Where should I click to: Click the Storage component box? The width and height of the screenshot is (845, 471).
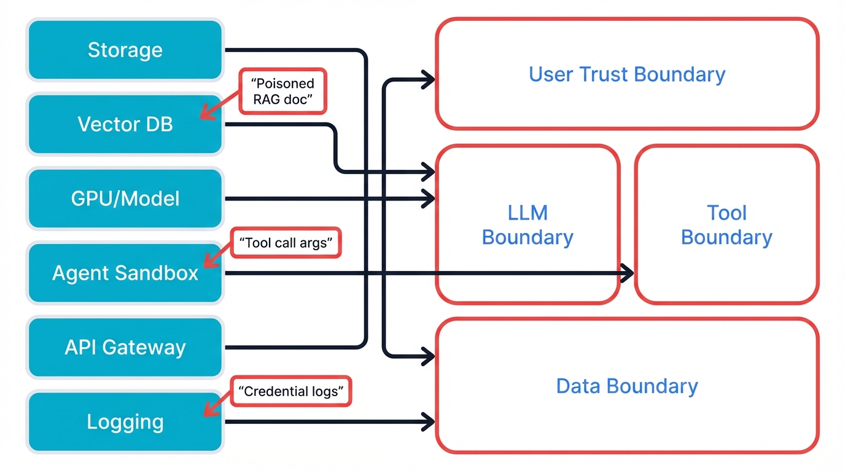pos(125,50)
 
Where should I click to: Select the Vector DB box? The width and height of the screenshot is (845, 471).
pos(125,124)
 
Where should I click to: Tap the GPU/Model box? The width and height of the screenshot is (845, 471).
pos(125,199)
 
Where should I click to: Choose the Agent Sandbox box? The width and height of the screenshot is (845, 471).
pos(125,273)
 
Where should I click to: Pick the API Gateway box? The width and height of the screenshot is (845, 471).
pos(125,347)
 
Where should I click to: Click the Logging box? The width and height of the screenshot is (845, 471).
pos(125,422)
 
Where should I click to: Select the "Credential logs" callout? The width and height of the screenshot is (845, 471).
pos(291,391)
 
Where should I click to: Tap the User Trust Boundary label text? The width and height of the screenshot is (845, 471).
pos(627,74)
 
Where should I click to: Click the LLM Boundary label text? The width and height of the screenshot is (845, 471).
pos(527,225)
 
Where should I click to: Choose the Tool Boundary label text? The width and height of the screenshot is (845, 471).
pos(726,225)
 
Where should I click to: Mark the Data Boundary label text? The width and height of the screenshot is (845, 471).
pos(627,386)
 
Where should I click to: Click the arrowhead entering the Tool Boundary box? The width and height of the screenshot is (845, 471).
pos(628,274)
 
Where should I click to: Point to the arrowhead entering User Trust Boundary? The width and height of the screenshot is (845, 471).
pos(429,78)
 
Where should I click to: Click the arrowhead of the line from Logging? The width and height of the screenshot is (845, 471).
pos(429,421)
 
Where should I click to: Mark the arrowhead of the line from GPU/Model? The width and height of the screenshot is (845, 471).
pos(429,199)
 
